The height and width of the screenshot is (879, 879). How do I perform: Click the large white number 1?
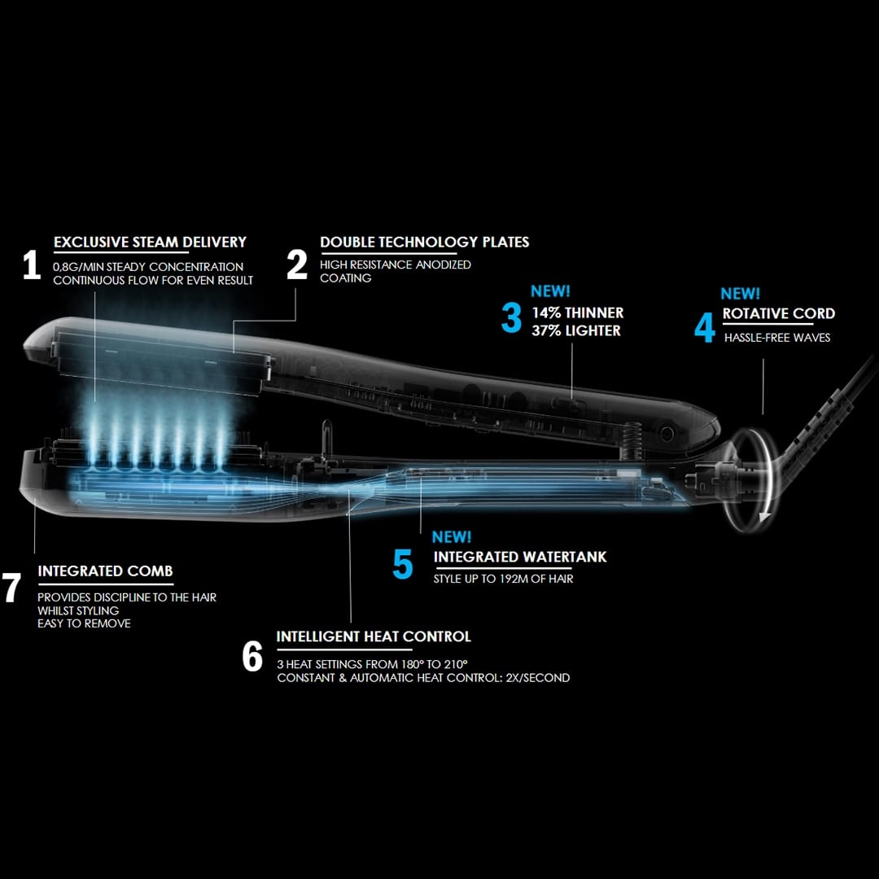(32, 265)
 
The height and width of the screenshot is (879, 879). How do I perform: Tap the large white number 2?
(297, 265)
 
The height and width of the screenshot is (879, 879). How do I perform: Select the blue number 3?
(511, 318)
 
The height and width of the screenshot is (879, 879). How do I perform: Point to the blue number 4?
(705, 327)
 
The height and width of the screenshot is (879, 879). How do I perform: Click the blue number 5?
(403, 563)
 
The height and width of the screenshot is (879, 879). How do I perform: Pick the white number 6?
(252, 656)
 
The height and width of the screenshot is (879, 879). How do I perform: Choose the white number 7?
(11, 588)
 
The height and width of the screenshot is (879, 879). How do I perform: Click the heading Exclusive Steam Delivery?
(151, 243)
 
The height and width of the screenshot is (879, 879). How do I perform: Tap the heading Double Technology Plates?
(424, 243)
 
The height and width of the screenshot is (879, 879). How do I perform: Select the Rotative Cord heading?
(779, 313)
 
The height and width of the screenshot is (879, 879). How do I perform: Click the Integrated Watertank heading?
(520, 557)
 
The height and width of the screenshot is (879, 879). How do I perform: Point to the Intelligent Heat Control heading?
(374, 636)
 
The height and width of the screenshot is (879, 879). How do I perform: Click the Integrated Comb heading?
(105, 571)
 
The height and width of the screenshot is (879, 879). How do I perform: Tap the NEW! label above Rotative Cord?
(740, 293)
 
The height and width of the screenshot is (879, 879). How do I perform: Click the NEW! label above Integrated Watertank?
(451, 536)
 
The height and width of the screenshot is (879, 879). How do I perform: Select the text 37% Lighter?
(576, 330)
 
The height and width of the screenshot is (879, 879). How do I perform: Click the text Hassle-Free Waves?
(777, 338)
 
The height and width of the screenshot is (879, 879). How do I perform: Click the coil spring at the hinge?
(631, 441)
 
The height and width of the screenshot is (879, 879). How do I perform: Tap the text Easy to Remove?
(84, 623)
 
